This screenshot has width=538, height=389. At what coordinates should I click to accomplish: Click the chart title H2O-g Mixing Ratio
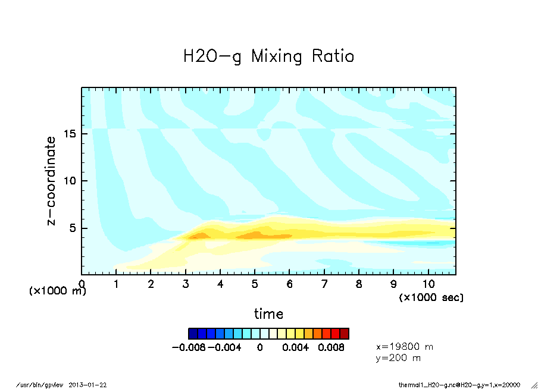click(268, 57)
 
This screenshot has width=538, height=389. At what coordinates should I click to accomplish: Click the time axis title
click(268, 313)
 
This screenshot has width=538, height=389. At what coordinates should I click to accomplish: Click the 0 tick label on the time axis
click(82, 284)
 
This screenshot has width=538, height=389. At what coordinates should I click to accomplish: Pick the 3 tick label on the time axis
click(186, 284)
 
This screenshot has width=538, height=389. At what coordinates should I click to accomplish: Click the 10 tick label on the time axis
click(428, 284)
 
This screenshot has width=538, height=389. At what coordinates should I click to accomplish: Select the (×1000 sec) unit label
click(431, 297)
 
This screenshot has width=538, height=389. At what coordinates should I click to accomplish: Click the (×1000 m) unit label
click(58, 291)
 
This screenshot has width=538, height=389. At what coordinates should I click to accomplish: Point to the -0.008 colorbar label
click(189, 347)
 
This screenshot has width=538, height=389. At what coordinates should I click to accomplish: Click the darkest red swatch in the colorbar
click(344, 333)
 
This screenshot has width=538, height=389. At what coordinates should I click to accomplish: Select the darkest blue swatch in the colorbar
click(193, 333)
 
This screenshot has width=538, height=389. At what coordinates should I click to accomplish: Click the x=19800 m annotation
click(405, 346)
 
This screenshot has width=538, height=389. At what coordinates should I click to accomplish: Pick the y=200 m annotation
click(399, 357)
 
